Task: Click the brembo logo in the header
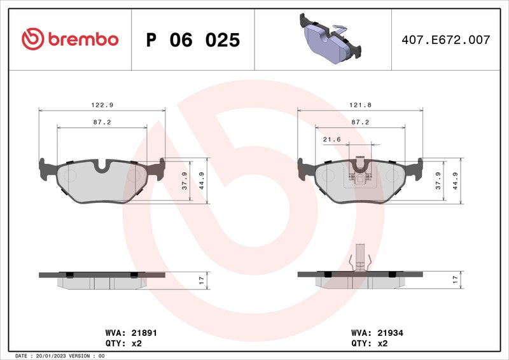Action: coord(70,39)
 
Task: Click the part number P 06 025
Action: coord(193,40)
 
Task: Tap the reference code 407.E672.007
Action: coord(445,40)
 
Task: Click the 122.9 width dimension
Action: coord(102,104)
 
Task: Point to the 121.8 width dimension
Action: coord(361,104)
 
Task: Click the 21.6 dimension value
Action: coord(331,139)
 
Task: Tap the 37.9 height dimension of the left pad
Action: coord(185,181)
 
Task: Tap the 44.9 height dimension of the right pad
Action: coord(456,181)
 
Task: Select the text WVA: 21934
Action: coord(377,333)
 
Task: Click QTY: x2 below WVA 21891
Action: coord(123,343)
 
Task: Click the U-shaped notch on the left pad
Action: coord(102,166)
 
